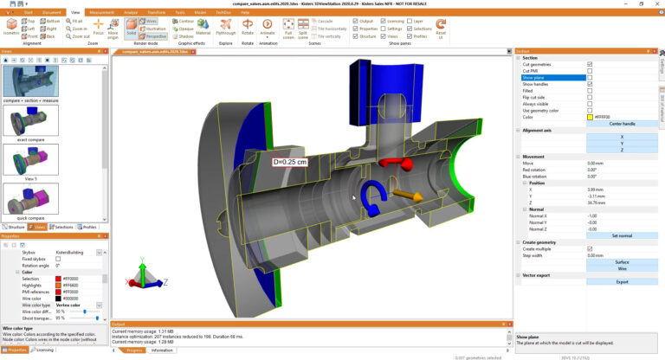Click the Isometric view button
tap(11, 29)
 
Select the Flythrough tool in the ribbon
tap(226, 29)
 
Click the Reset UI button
tap(442, 29)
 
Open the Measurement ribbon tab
tap(101, 13)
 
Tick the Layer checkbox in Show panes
tap(407, 21)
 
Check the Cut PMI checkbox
tap(590, 71)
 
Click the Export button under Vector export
tap(622, 281)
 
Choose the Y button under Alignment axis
tap(622, 143)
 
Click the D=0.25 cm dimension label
tap(290, 161)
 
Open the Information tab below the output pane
tap(162, 350)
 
